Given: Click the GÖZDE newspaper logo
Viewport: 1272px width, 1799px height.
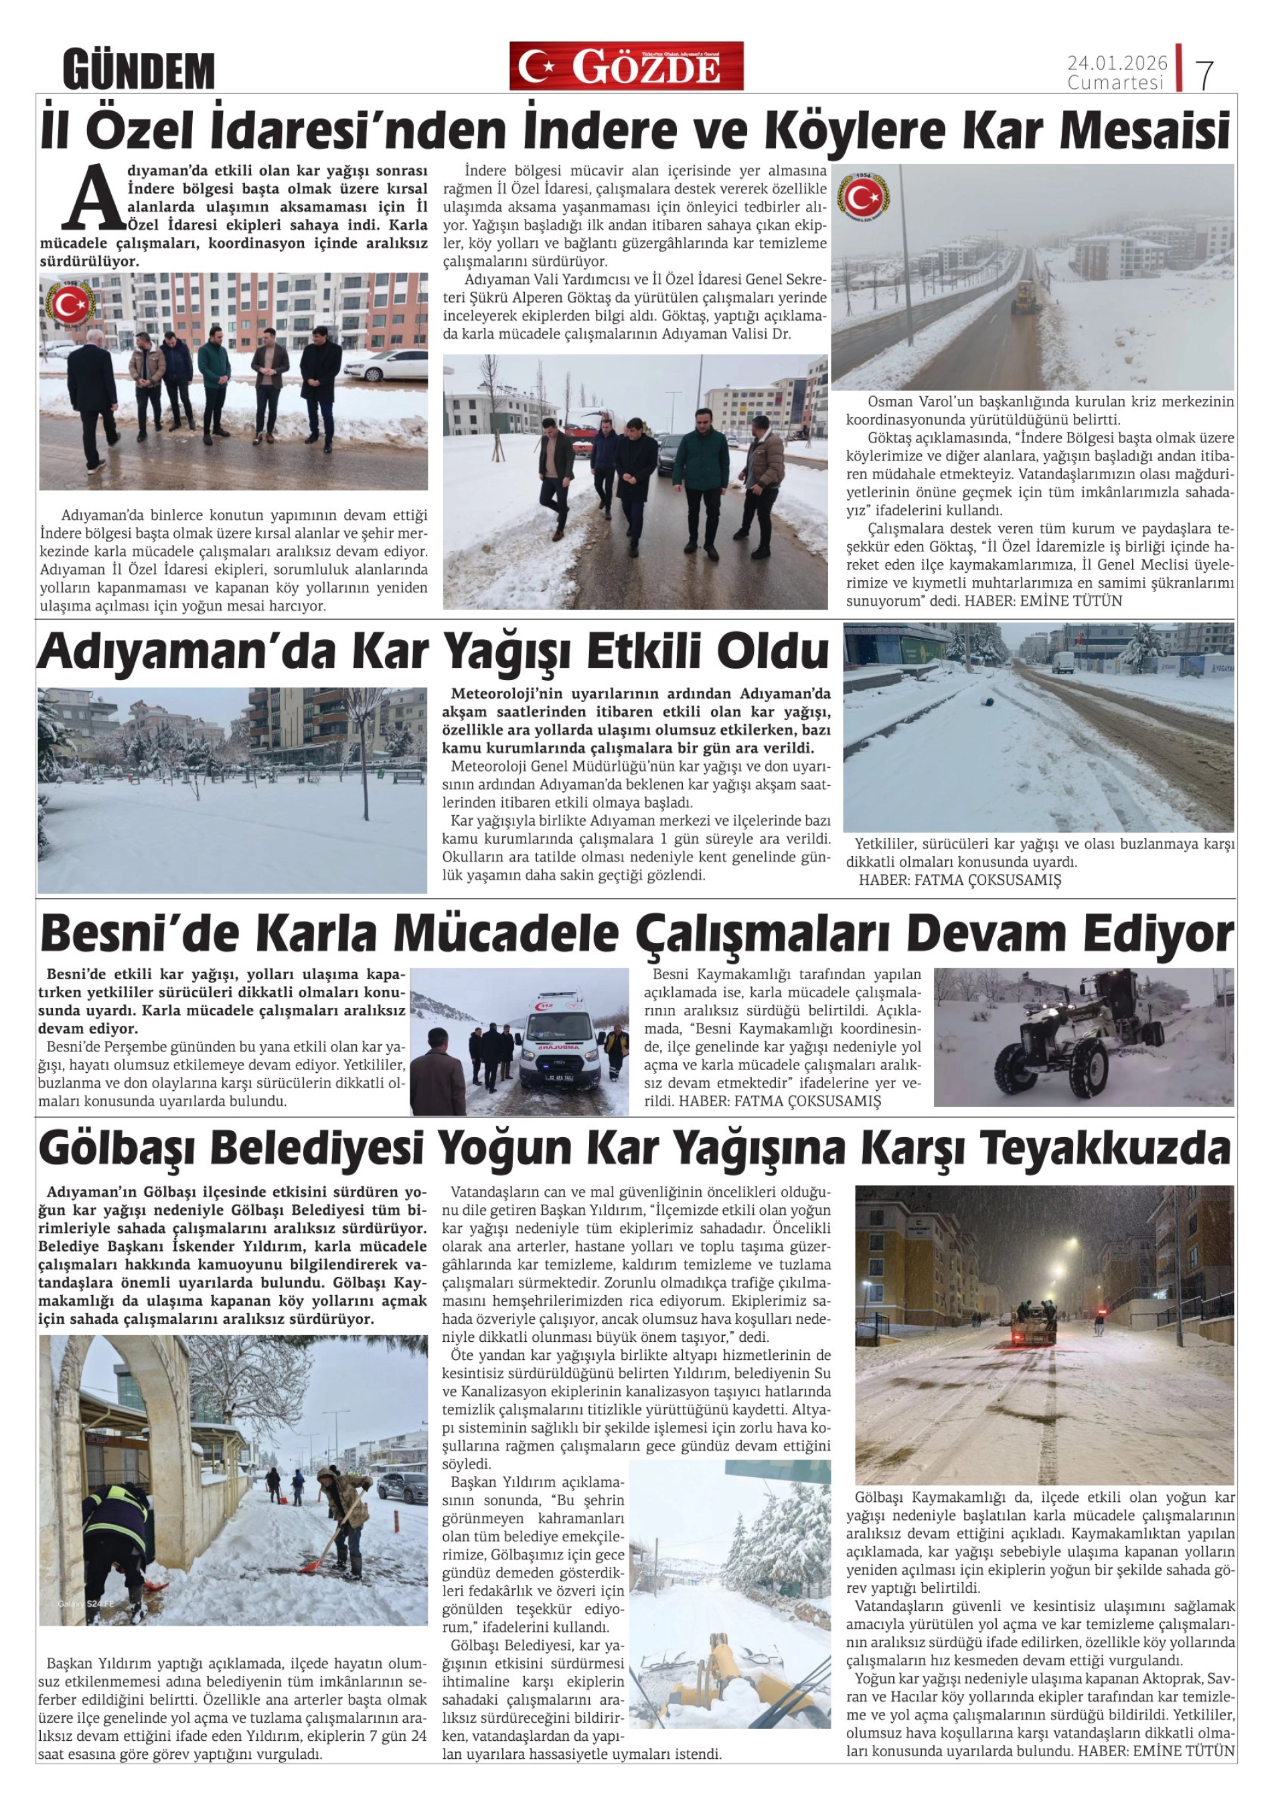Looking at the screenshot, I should pyautogui.click(x=626, y=67).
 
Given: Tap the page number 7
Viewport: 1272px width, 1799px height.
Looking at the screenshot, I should pyautogui.click(x=1204, y=74).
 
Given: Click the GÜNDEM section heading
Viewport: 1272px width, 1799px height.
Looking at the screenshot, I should pyautogui.click(x=139, y=70).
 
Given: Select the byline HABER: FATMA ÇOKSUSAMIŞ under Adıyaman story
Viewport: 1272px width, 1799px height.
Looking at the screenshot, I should pyautogui.click(x=959, y=880).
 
